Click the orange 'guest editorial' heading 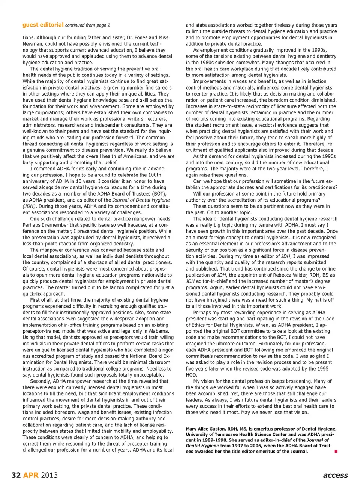click(43, 25)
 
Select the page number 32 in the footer click(16, 475)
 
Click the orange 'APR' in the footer click(31, 475)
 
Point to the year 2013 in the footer click(49, 475)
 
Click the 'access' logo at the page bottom click(335, 475)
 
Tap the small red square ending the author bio click(336, 452)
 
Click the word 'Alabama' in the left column click(159, 331)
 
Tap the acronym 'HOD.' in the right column click(192, 375)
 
